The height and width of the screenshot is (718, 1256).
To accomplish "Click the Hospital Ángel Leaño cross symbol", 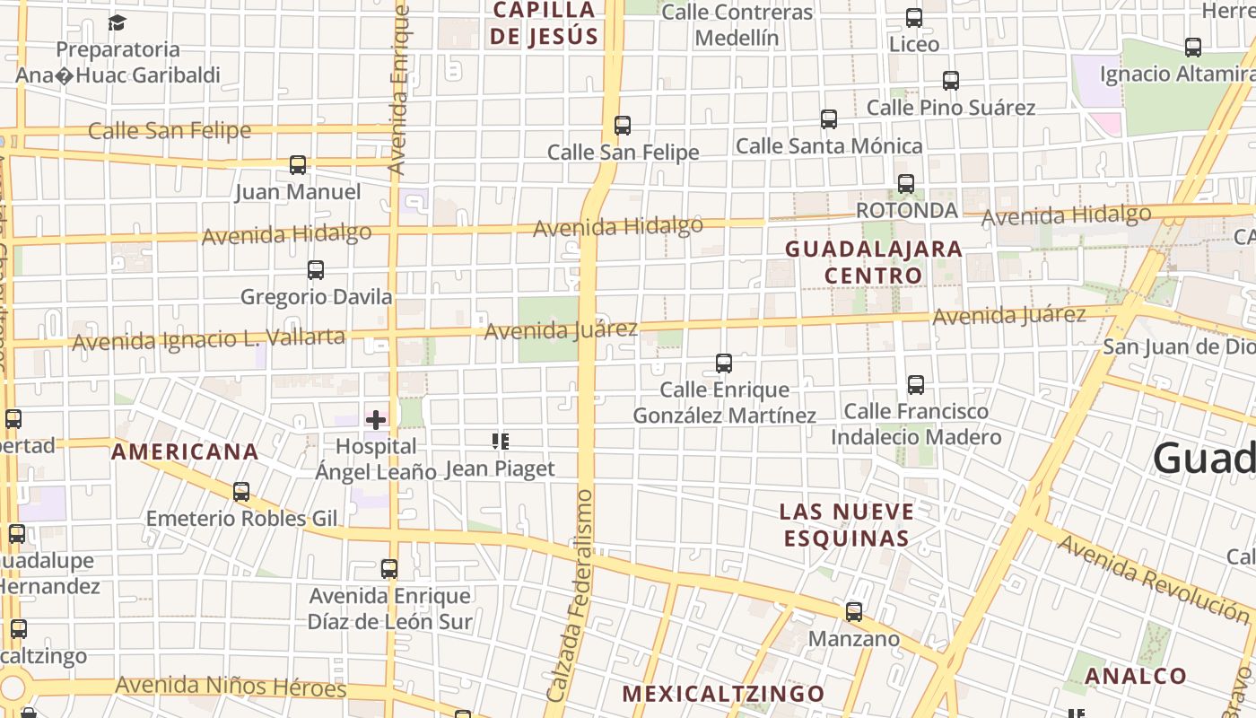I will click(x=376, y=419).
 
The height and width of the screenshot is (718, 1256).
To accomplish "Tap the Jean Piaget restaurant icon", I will click(x=501, y=441).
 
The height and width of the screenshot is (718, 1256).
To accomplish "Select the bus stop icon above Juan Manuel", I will click(x=298, y=165).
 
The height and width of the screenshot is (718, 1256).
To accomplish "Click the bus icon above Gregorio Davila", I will click(x=316, y=270).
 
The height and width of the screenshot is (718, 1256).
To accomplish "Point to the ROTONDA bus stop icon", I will click(x=906, y=184).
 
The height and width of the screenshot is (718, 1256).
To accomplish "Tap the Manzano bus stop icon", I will click(x=854, y=612).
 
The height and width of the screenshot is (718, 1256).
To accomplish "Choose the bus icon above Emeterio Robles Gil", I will click(x=241, y=492).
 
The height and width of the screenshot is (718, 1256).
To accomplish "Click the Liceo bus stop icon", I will click(x=914, y=18).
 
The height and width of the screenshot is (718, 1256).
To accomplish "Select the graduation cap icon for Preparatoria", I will click(x=118, y=22).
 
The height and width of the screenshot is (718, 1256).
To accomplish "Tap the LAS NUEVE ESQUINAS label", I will click(x=847, y=525).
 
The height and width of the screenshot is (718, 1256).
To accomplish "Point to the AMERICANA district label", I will click(x=185, y=452).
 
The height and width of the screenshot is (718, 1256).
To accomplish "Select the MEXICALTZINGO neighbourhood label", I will click(x=723, y=694).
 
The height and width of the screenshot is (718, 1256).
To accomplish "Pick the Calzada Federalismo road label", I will click(x=572, y=596).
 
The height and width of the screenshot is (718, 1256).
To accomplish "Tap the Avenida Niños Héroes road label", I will click(x=231, y=687).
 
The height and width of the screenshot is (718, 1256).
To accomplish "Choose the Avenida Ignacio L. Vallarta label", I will click(x=208, y=339).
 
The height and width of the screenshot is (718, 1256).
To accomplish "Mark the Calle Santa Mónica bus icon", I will click(x=829, y=119).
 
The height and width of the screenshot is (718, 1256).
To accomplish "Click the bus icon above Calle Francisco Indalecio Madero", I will click(x=916, y=385).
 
